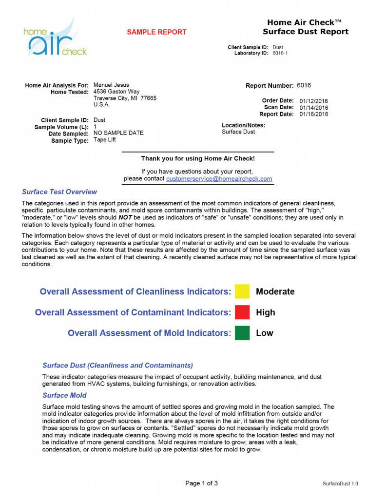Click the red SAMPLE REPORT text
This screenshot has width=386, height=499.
(x=156, y=32)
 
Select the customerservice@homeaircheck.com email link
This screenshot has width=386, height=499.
(x=219, y=179)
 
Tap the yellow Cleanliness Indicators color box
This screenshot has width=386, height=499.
(x=242, y=291)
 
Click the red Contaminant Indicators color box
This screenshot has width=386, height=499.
(x=242, y=312)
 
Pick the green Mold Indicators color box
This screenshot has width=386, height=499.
(x=242, y=333)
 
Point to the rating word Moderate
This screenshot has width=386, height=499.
(x=275, y=292)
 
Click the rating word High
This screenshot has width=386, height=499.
(x=265, y=313)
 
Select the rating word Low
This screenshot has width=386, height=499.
(x=264, y=333)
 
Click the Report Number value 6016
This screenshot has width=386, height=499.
(x=304, y=85)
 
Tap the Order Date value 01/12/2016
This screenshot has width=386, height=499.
(x=313, y=101)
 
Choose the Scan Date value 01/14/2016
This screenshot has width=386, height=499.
(x=313, y=108)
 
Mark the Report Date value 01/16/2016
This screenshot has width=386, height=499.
(x=313, y=115)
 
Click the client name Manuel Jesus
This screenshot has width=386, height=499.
(x=111, y=85)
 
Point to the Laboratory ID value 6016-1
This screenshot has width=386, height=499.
(x=280, y=53)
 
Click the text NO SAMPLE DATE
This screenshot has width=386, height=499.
(x=118, y=134)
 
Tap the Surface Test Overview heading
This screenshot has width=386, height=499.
(x=59, y=192)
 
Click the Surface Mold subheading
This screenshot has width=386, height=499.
(x=64, y=395)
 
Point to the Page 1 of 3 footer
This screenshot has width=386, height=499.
(x=201, y=483)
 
